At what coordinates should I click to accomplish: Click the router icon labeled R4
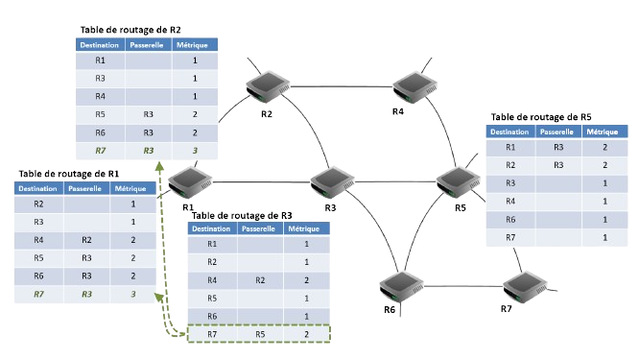pyautogui.click(x=412, y=87)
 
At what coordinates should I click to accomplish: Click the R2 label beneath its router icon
pyautogui.click(x=266, y=115)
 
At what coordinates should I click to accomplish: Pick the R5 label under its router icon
pyautogui.click(x=461, y=207)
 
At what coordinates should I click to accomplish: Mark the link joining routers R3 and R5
pyautogui.click(x=393, y=180)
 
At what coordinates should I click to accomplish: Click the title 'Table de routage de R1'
pyautogui.click(x=67, y=173)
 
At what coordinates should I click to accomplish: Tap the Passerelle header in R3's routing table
pyautogui.click(x=260, y=229)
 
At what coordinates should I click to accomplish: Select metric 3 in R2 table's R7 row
pyautogui.click(x=195, y=150)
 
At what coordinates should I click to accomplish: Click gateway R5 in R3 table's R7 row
pyautogui.click(x=259, y=333)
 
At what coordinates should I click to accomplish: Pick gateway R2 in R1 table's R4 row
pyautogui.click(x=86, y=240)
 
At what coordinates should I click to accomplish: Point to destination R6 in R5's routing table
pyautogui.click(x=510, y=219)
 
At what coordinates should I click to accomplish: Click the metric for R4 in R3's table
pyautogui.click(x=305, y=279)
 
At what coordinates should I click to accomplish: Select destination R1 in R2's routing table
pyautogui.click(x=101, y=60)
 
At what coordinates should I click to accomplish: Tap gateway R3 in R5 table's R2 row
pyautogui.click(x=557, y=165)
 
